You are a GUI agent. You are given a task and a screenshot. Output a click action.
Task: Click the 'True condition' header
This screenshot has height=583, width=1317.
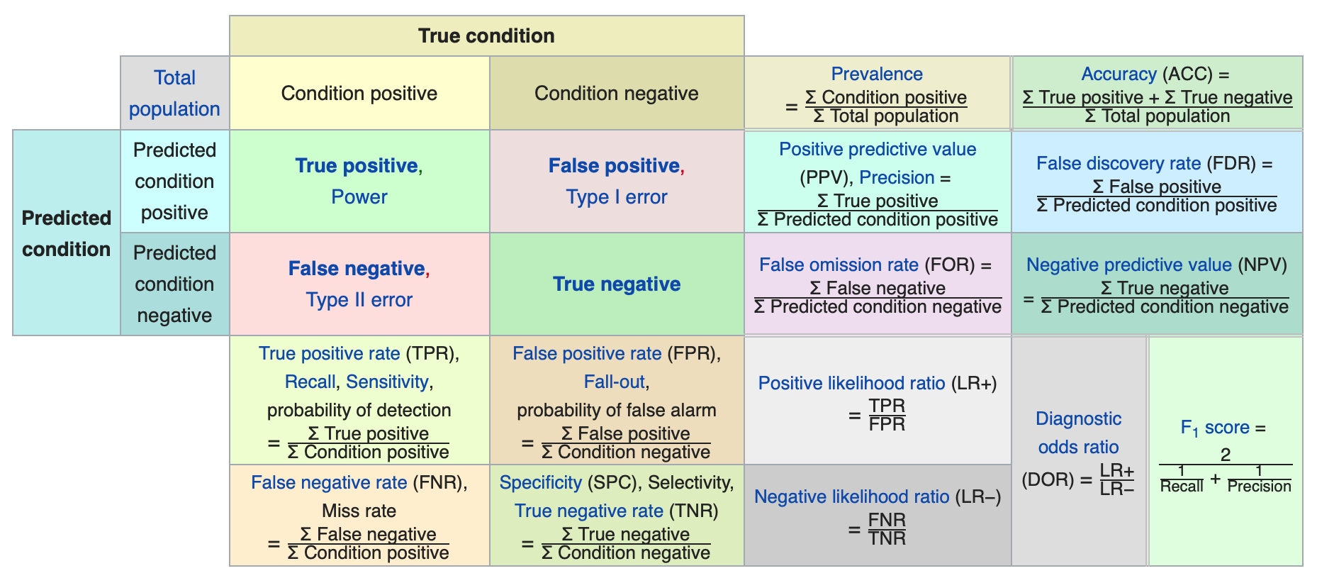[x=486, y=35]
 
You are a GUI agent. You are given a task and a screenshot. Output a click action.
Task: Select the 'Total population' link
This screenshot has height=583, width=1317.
[x=174, y=93]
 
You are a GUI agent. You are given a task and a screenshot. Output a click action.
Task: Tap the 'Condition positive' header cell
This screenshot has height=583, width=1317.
[x=359, y=93]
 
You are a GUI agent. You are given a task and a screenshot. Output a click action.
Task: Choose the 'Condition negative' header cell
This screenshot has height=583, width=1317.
[x=617, y=93]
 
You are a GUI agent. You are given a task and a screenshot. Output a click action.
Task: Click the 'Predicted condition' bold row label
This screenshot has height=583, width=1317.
[x=67, y=233]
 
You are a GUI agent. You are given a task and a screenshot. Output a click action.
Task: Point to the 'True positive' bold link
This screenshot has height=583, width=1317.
[x=357, y=165]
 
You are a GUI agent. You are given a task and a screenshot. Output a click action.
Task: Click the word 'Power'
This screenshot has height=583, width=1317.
[x=359, y=196]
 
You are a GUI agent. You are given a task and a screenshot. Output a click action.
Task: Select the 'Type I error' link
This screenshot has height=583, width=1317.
[x=617, y=196]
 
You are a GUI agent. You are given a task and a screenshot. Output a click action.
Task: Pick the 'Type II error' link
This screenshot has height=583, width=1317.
[x=359, y=299]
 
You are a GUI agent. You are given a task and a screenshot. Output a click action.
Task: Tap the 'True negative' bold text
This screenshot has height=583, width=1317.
[x=617, y=284]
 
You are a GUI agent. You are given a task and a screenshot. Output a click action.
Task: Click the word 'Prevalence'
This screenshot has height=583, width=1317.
[x=877, y=74]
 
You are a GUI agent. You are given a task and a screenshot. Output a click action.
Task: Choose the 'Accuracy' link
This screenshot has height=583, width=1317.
[x=1119, y=74]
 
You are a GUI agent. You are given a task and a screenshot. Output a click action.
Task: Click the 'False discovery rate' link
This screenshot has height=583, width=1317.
[x=1119, y=163]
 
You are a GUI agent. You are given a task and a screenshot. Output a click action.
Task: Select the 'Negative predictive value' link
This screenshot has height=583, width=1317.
[x=1129, y=265]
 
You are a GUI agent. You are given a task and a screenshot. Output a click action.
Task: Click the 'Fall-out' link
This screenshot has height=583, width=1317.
[x=615, y=382]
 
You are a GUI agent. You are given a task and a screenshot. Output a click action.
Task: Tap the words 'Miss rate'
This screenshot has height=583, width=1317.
[x=359, y=511]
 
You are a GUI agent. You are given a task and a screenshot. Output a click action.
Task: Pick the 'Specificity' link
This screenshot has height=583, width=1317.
[x=541, y=482]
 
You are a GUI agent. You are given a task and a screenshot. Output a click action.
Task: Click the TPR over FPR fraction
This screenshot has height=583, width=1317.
[x=887, y=415]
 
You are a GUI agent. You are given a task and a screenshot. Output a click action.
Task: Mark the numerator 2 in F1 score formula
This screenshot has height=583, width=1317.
[x=1226, y=455]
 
